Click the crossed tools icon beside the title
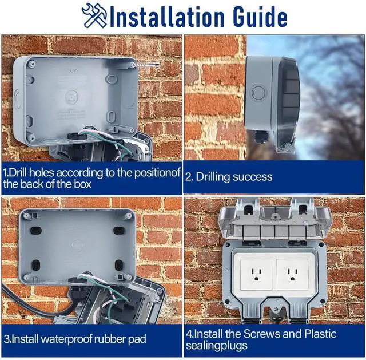pos(94,15)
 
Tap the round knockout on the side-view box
pos(258,92)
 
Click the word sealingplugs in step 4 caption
pos(215,346)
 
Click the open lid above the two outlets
pos(274,220)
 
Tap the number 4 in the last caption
pos(189,334)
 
